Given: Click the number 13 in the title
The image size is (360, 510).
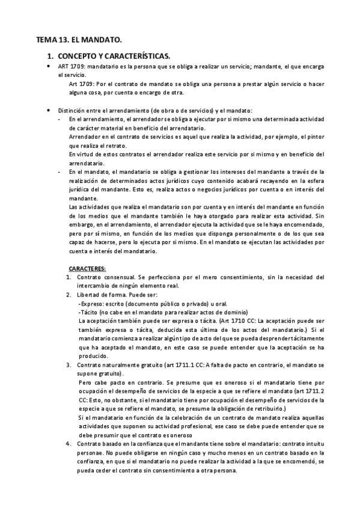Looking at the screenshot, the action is point(64,40).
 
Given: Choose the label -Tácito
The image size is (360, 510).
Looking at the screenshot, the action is point(90,313).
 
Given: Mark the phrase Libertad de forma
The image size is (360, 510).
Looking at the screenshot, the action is point(100,295).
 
